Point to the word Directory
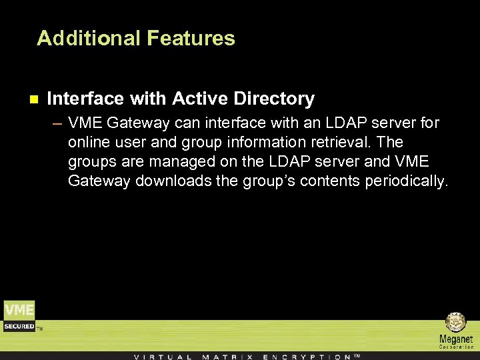tap(274, 99)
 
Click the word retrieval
tap(339, 142)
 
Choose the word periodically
tap(407, 181)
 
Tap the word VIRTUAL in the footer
tap(163, 356)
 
